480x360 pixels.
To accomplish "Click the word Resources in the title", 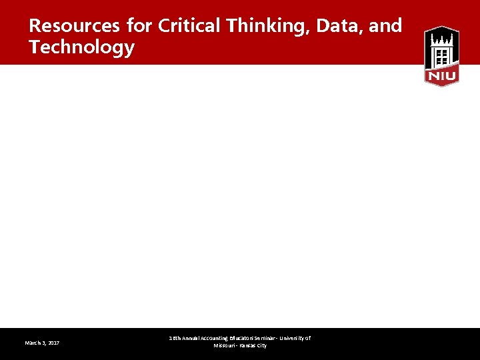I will [x=72, y=26].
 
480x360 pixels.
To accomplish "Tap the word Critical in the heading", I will [x=190, y=26].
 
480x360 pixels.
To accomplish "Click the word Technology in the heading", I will [x=81, y=48].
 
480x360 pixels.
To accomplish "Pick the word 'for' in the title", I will [x=139, y=26].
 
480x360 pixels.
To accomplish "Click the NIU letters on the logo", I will [x=441, y=77].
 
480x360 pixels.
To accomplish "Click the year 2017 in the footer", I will [x=53, y=343].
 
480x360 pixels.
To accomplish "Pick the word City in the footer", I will [x=263, y=346].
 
